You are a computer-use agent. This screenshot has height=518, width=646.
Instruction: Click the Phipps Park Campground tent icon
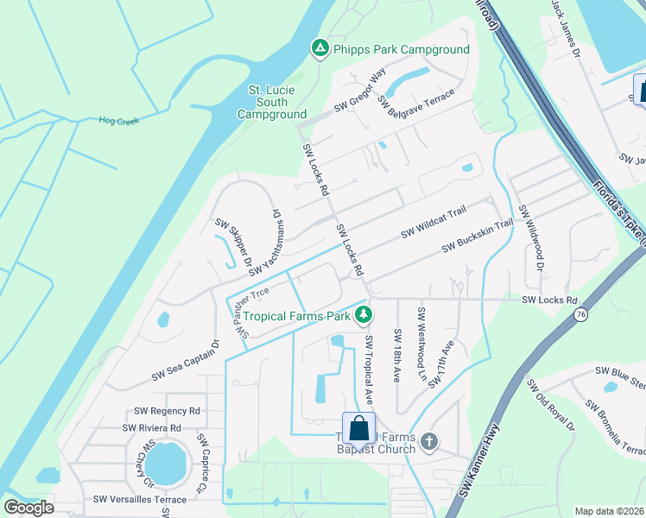tap(320, 48)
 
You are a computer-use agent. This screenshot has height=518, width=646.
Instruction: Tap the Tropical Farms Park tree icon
tap(364, 313)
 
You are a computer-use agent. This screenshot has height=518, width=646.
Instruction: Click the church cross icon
tap(429, 443)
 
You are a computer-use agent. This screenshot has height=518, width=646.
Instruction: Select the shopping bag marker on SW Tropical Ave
tap(358, 429)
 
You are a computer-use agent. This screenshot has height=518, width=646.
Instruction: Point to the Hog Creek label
tap(119, 121)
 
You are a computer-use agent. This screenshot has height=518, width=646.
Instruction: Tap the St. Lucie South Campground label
tap(272, 102)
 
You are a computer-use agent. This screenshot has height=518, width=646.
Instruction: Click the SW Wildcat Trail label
tap(434, 222)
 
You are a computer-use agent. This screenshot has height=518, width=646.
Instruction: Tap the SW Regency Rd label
tap(168, 411)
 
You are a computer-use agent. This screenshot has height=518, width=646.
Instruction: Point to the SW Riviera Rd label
tap(151, 427)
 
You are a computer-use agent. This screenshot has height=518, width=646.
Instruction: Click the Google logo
tap(28, 508)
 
